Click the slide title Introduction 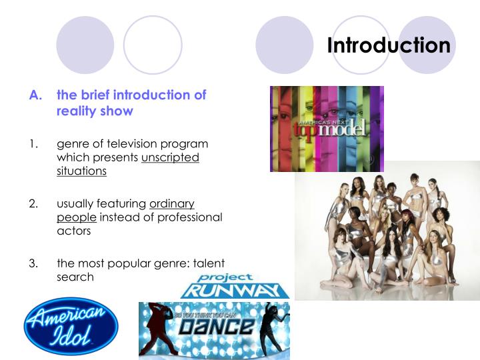coord(389,45)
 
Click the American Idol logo coord(70,325)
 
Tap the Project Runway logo coord(235,285)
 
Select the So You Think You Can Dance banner coord(214,330)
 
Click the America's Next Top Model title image coord(327,128)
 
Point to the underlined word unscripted coord(170,157)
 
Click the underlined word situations coord(81,171)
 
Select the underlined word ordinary coord(171,203)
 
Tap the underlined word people coord(77,217)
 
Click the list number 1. coord(33,144)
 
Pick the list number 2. coord(33,203)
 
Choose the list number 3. coord(33,262)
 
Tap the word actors coord(73,231)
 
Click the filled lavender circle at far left coord(85,45)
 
